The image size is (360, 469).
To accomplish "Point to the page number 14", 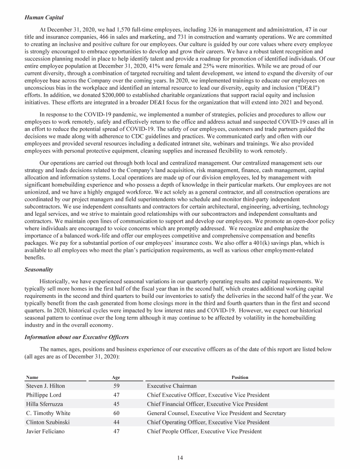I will (180, 458).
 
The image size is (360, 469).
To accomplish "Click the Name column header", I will (32, 377).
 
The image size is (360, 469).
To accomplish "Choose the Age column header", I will (116, 377).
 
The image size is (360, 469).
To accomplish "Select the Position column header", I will (240, 377).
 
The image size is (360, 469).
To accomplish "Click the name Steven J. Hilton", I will (45, 386).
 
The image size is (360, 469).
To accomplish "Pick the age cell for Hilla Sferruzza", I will (116, 404).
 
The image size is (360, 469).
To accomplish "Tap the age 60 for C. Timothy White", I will (116, 413).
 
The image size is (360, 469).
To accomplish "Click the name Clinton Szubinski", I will (48, 422).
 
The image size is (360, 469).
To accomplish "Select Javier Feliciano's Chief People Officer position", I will (204, 431).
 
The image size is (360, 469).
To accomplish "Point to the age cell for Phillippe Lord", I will (116, 395).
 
